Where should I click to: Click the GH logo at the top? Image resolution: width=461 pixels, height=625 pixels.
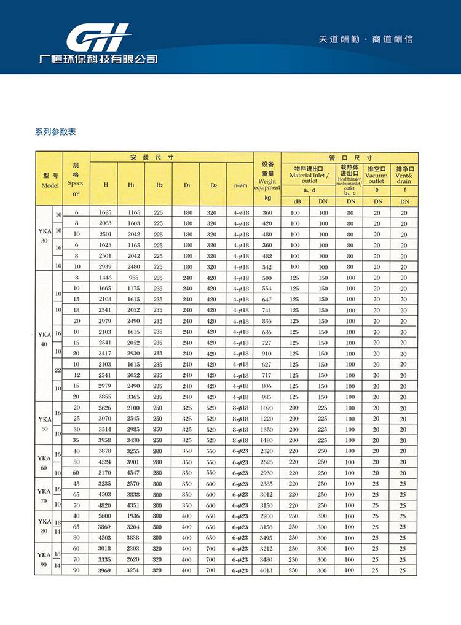(x=98, y=38)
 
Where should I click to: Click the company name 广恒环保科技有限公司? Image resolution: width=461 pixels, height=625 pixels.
(x=98, y=60)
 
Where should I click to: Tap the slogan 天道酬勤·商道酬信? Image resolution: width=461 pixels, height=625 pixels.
(x=366, y=39)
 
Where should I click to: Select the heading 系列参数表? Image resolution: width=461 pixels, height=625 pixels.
(x=55, y=132)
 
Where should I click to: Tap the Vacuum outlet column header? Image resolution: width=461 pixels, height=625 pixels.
(x=376, y=175)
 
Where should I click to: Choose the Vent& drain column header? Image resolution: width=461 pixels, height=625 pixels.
(x=404, y=175)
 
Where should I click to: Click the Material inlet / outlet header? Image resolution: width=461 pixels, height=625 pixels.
(x=309, y=175)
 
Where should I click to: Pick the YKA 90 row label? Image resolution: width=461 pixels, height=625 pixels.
(x=44, y=559)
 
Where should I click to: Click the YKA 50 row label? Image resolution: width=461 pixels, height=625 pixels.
(x=44, y=424)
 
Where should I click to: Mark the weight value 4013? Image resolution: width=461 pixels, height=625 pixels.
(x=267, y=570)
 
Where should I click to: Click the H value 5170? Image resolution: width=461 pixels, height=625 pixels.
(x=105, y=473)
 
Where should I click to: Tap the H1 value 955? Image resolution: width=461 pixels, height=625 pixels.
(x=134, y=278)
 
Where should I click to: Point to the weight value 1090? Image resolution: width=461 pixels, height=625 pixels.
(x=267, y=408)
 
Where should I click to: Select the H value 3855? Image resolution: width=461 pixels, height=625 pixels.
(x=105, y=397)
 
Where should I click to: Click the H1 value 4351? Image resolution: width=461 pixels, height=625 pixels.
(x=134, y=505)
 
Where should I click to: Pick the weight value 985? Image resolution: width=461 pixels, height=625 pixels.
(x=267, y=397)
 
